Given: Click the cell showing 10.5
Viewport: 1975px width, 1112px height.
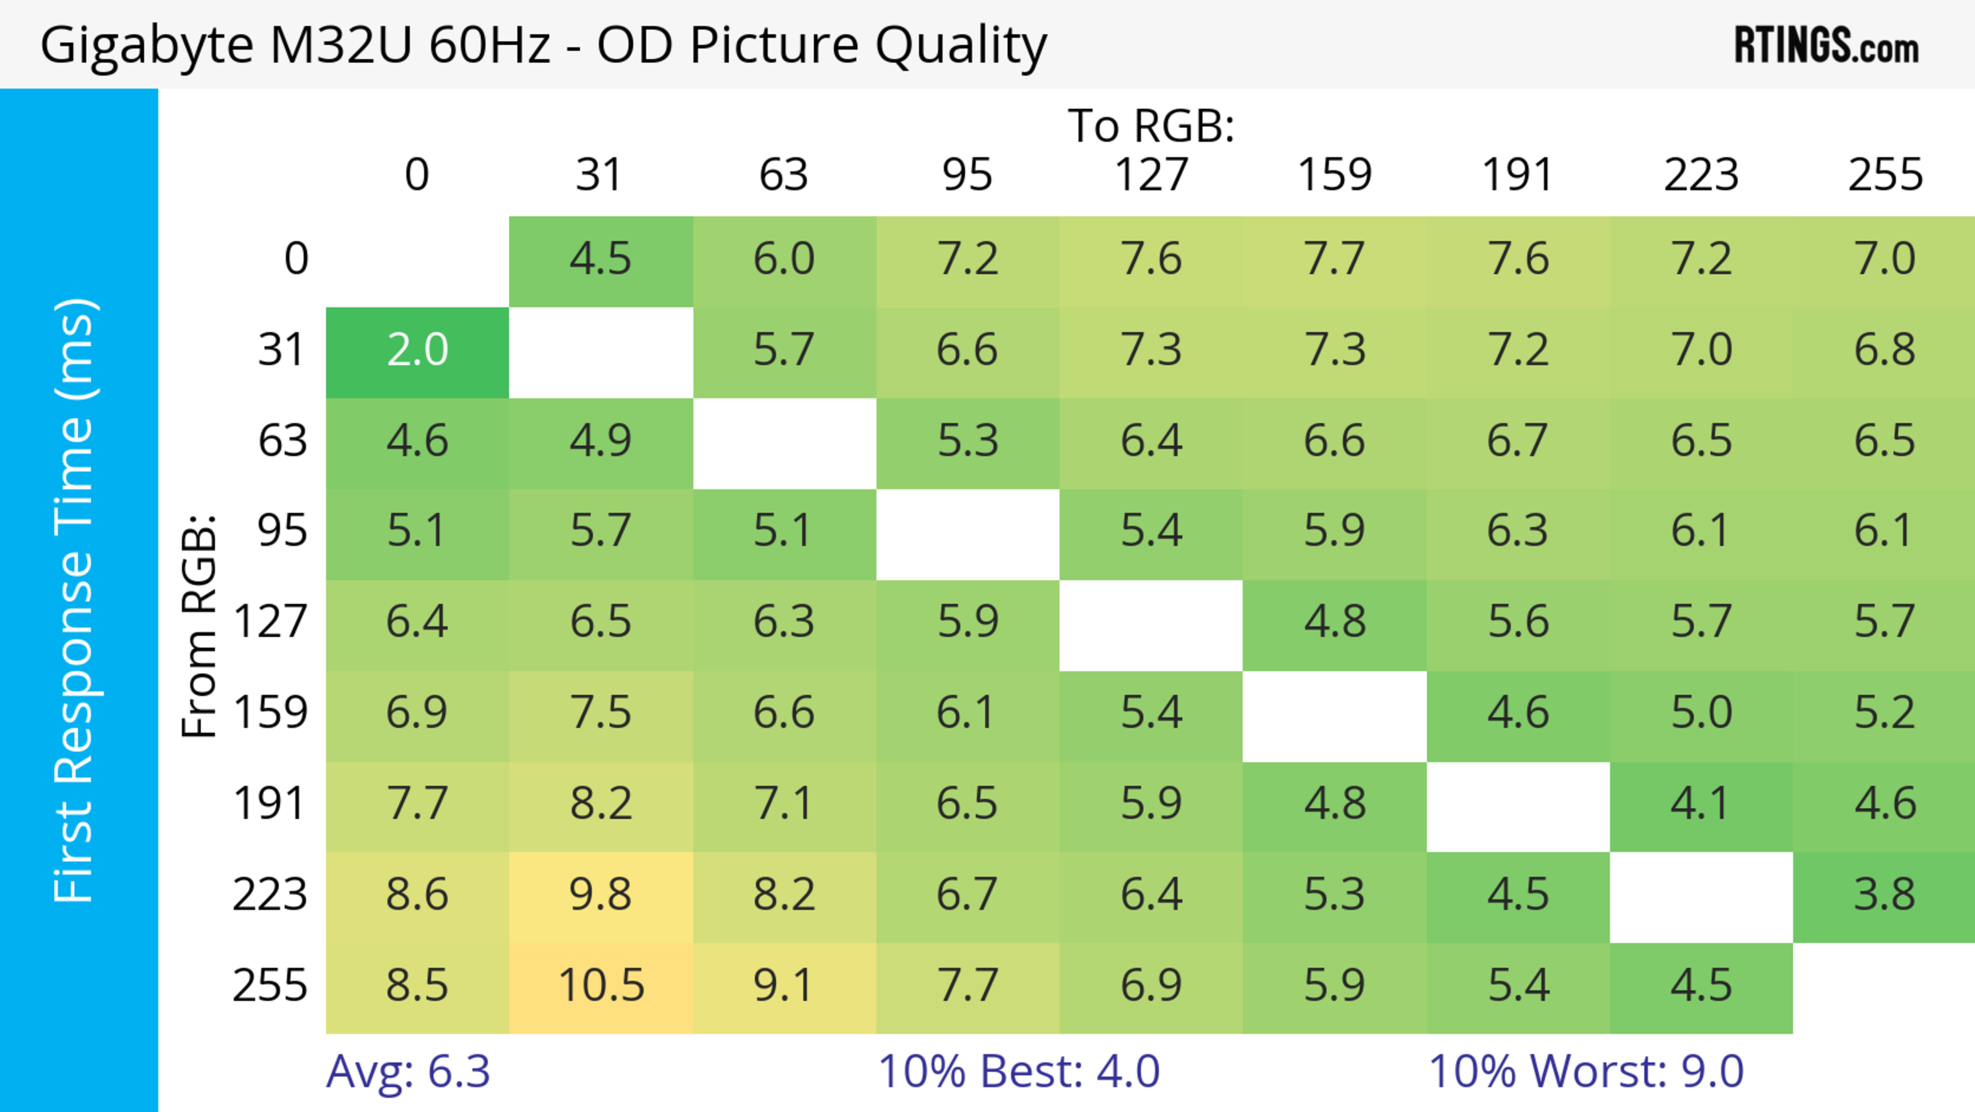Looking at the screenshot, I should [x=601, y=986].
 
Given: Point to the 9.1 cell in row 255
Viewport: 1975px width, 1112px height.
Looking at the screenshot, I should [x=783, y=986].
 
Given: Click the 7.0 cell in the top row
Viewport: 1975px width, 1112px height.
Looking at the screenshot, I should [x=1884, y=260].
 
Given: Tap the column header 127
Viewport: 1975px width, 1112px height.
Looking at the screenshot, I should [x=1151, y=175].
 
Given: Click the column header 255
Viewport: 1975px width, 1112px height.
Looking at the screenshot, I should [x=1884, y=175].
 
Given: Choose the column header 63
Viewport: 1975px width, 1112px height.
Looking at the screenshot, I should [x=783, y=175].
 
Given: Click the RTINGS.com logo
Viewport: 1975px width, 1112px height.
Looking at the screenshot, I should [x=1826, y=45].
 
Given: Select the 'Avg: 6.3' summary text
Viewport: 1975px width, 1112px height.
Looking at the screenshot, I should [x=408, y=1071].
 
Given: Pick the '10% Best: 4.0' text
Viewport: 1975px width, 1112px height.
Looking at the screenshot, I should [x=1018, y=1071].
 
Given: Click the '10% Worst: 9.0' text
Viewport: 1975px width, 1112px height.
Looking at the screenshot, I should [x=1586, y=1071].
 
